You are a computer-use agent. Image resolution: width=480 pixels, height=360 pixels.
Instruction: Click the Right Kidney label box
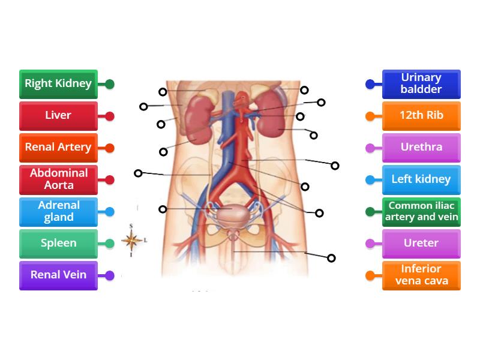click(x=58, y=84)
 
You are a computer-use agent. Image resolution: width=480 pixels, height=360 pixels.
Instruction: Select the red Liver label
click(x=58, y=116)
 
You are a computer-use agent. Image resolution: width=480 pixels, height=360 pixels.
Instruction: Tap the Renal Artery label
click(x=58, y=148)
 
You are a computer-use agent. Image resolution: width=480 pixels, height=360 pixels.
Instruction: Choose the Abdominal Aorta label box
click(x=58, y=179)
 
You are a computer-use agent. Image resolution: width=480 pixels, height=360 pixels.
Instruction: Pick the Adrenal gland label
click(x=58, y=211)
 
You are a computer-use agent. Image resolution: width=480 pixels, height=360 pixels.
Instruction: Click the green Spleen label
click(x=58, y=243)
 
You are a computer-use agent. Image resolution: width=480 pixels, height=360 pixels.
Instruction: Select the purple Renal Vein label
click(x=58, y=275)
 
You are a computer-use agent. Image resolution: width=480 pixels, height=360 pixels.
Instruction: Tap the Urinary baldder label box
click(x=421, y=84)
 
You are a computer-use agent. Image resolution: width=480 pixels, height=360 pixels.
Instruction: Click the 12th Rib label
click(x=421, y=116)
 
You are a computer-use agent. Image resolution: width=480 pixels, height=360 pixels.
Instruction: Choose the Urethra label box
click(x=421, y=148)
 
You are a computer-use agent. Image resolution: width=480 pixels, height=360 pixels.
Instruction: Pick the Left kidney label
click(x=421, y=179)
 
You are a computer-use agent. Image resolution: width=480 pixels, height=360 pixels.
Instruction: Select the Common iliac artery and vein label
click(x=421, y=211)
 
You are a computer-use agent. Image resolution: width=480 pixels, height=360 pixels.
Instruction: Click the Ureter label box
click(x=421, y=243)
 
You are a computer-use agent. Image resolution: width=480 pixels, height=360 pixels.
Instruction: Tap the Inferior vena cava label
click(x=421, y=275)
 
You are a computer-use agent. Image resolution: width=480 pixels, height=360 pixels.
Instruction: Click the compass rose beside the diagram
click(x=132, y=241)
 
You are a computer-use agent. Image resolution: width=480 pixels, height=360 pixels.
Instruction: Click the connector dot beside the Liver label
click(x=110, y=116)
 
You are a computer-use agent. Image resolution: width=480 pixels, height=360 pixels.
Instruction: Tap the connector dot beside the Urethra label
click(x=370, y=148)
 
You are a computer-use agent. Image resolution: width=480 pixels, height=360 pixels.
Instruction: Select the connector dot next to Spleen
click(x=110, y=244)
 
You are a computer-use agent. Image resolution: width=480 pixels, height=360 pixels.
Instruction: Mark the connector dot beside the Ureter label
click(x=370, y=244)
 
